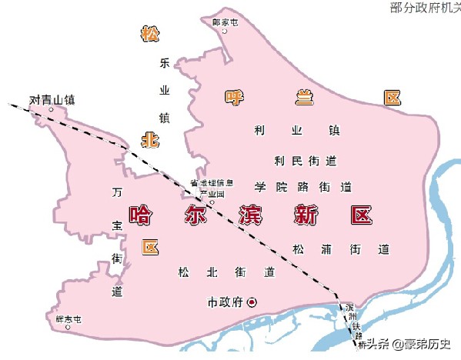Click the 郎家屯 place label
pyautogui.click(x=225, y=22)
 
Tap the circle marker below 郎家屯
pyautogui.click(x=225, y=32)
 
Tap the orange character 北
pyautogui.click(x=149, y=139)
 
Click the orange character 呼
pyautogui.click(x=233, y=98)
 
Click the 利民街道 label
pyautogui.click(x=306, y=161)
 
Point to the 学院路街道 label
pyautogui.click(x=302, y=187)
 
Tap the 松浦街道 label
pyautogui.click(x=340, y=249)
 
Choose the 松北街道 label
pyautogui.click(x=225, y=272)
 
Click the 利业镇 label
pyautogui.click(x=296, y=130)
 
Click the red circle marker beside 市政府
pyautogui.click(x=250, y=302)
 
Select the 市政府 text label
pyautogui.click(x=225, y=302)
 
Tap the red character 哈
pyautogui.click(x=141, y=214)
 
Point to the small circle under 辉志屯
pyautogui.click(x=68, y=328)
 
